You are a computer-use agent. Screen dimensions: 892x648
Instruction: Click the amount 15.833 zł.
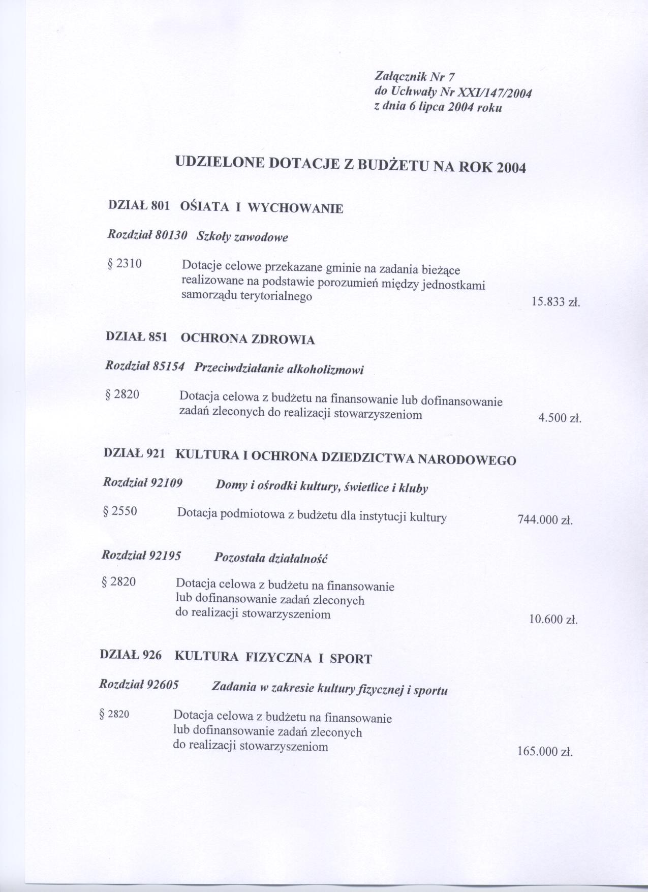click(556, 302)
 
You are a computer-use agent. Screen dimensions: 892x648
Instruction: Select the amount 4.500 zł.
click(560, 419)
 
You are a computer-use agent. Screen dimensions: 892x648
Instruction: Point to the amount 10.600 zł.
click(553, 620)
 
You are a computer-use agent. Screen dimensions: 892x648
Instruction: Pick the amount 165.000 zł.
click(545, 752)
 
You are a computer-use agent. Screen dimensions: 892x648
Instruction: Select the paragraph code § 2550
click(120, 511)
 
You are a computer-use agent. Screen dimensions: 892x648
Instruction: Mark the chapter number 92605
click(163, 685)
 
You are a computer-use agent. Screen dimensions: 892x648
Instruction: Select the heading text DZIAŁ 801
click(139, 205)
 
